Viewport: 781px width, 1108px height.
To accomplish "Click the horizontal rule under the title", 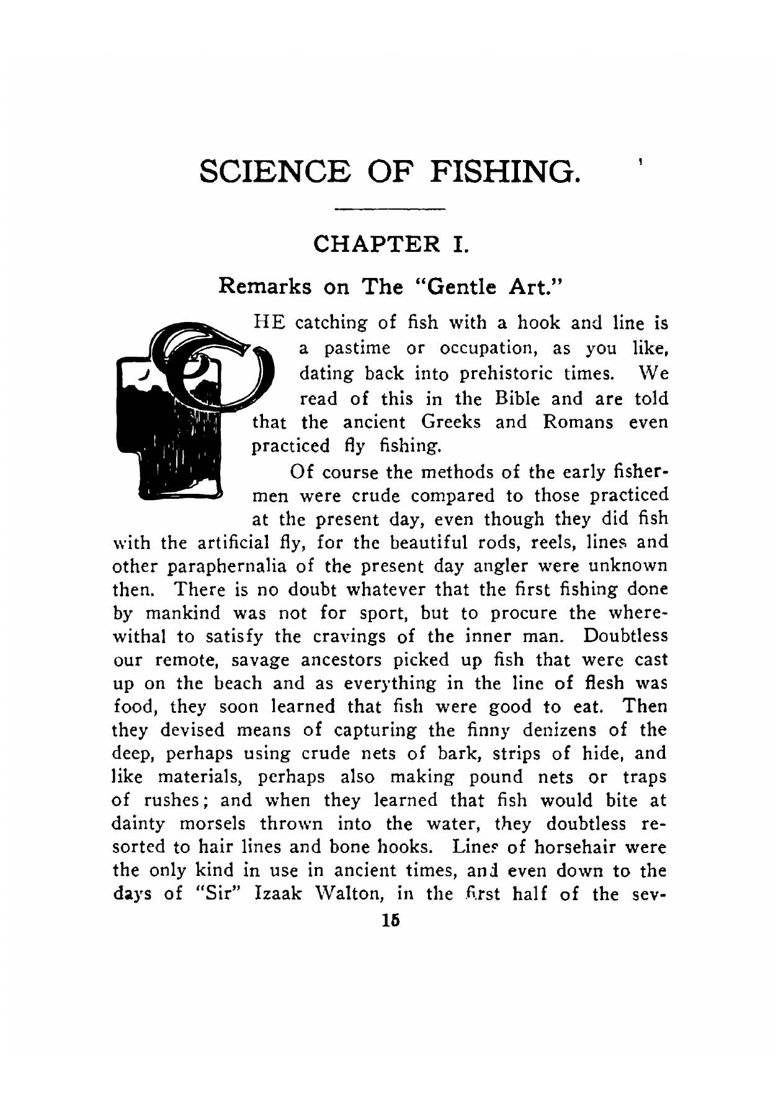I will click(x=390, y=210).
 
